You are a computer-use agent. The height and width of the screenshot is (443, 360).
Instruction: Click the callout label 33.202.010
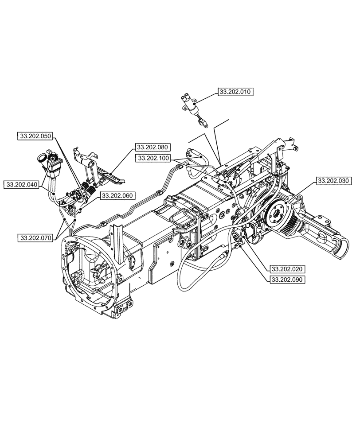click(x=234, y=92)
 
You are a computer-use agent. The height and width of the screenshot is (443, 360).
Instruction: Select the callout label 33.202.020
click(x=286, y=269)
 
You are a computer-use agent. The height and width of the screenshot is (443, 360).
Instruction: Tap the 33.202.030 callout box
click(x=333, y=181)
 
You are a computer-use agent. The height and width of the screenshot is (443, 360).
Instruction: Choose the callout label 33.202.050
click(x=35, y=136)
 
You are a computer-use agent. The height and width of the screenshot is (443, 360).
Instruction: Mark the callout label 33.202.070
click(x=35, y=238)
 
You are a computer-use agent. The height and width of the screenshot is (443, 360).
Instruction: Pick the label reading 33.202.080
click(x=152, y=147)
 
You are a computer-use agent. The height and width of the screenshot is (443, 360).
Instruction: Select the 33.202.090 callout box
click(x=286, y=280)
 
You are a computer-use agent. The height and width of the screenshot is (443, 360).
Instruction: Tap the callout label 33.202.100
click(x=153, y=158)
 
